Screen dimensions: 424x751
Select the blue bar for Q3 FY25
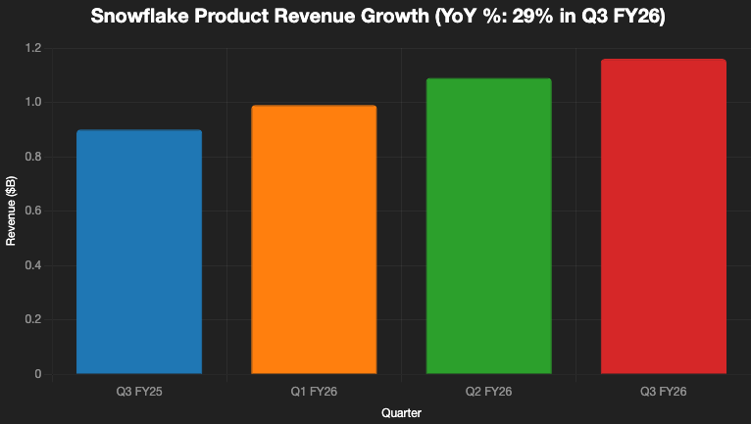pyautogui.click(x=139, y=252)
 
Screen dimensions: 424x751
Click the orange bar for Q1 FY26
pyautogui.click(x=314, y=239)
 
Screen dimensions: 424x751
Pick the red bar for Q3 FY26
pyautogui.click(x=664, y=216)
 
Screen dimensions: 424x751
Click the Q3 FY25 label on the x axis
pyautogui.click(x=139, y=392)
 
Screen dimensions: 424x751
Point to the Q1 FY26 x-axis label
pyautogui.click(x=314, y=392)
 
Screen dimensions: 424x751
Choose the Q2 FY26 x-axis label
pyautogui.click(x=488, y=392)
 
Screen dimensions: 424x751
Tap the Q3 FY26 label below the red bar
pyautogui.click(x=664, y=392)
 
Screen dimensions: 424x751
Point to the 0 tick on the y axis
pyautogui.click(x=37, y=374)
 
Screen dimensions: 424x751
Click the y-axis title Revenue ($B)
pyautogui.click(x=12, y=211)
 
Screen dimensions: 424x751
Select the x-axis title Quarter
pyautogui.click(x=401, y=413)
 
